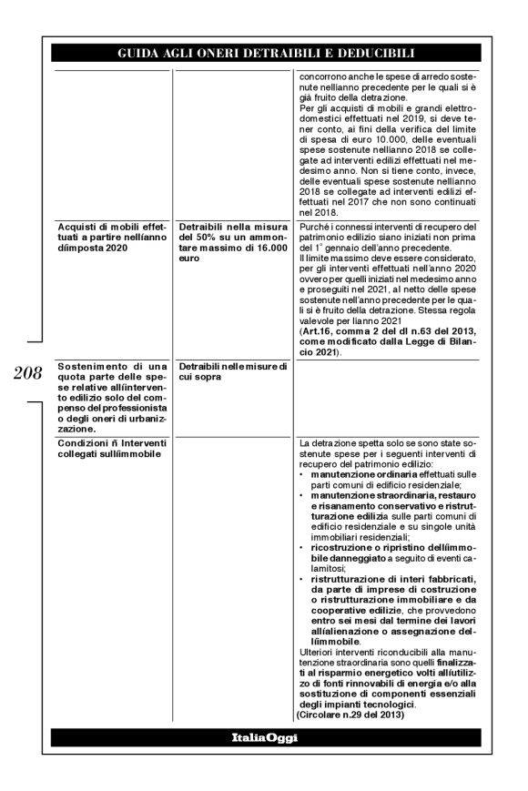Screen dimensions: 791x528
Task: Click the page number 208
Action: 27,373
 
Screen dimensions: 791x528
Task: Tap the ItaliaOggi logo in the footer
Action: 263,738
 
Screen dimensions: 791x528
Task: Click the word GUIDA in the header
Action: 138,52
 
